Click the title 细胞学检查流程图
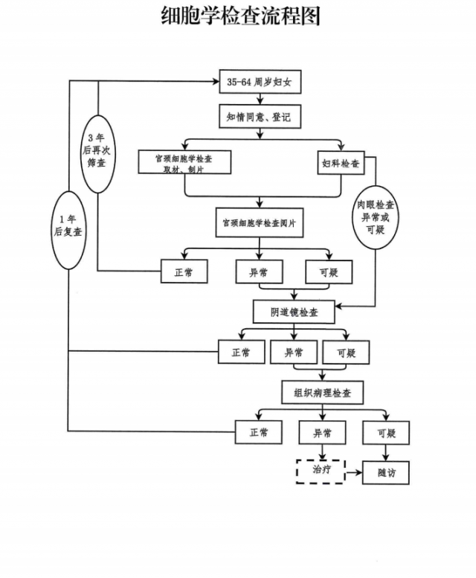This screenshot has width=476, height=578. [240, 16]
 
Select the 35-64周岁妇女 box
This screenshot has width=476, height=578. [260, 82]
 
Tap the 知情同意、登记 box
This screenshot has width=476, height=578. [260, 117]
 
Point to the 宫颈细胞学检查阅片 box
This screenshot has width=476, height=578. [259, 222]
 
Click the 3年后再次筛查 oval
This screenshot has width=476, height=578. [97, 152]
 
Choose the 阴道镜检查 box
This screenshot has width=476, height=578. [295, 312]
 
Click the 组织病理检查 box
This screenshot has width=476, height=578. [323, 392]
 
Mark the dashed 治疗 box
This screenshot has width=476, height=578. [321, 472]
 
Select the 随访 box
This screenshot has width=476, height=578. [386, 472]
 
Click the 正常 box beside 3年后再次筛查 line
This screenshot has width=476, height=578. [184, 272]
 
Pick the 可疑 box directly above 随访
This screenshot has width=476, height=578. [386, 433]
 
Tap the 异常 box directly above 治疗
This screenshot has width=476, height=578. [322, 433]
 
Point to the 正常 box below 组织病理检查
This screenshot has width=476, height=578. [259, 433]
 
